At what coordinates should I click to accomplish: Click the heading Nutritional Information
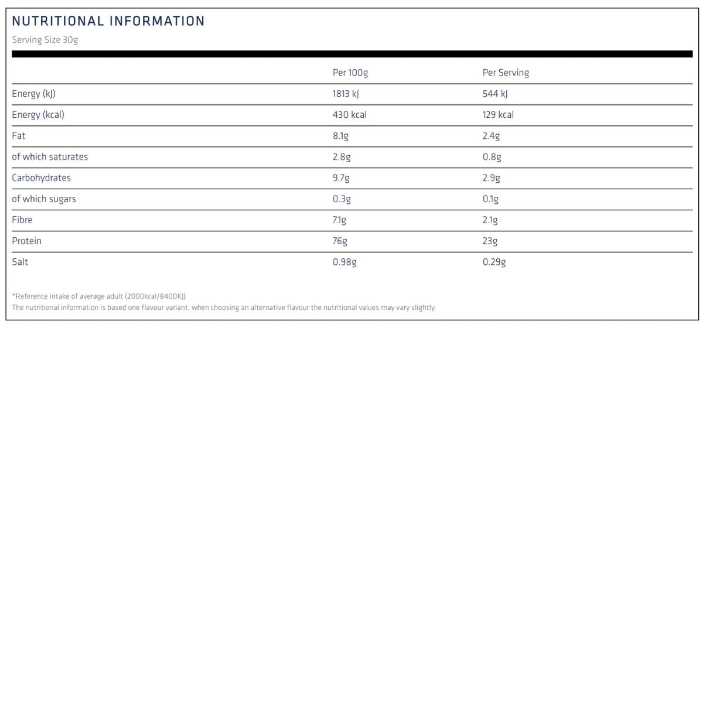[108, 21]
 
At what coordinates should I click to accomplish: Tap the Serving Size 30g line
[45, 40]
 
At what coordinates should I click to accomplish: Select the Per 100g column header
[350, 73]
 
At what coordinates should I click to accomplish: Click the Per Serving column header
[506, 73]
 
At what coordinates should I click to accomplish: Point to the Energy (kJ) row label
[33, 94]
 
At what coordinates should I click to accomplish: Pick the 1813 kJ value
[346, 94]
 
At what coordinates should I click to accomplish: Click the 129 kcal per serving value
[498, 115]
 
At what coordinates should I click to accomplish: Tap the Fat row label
[19, 136]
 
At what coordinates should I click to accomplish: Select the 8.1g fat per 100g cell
[340, 136]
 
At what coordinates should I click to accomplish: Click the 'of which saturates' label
[50, 157]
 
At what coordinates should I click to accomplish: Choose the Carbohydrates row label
[41, 178]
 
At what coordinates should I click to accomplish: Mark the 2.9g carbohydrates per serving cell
[492, 178]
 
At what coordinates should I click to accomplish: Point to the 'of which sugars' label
[44, 199]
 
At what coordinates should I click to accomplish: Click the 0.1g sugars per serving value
[491, 199]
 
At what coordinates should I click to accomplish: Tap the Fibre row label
[22, 220]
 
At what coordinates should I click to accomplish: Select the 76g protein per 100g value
[340, 241]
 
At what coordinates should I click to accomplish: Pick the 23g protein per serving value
[490, 241]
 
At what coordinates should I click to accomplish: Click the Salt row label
[20, 262]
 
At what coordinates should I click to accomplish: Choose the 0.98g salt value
[344, 262]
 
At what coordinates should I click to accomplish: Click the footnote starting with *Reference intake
[99, 296]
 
